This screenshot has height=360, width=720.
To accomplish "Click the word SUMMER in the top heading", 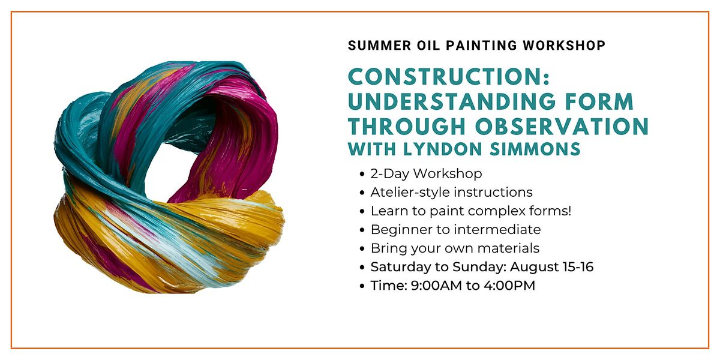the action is point(380,46).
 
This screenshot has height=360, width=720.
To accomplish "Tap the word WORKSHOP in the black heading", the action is point(564,46).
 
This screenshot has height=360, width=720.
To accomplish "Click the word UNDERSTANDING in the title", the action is point(452,101).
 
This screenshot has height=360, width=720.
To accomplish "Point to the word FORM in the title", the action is point(599,101).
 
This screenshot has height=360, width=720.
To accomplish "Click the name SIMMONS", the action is point(535,149).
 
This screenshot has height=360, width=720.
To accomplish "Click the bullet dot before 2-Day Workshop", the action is point(362,174).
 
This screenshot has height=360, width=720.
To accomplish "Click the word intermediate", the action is point(497,229).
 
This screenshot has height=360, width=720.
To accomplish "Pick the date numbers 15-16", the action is point(578,267).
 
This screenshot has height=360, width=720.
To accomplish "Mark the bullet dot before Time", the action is point(362,286).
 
